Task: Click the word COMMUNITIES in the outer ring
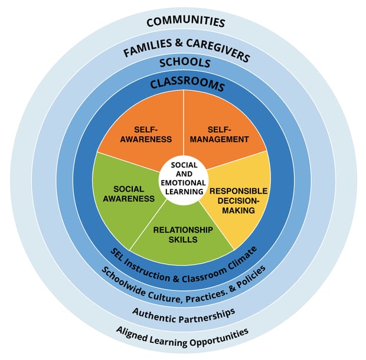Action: click(186, 22)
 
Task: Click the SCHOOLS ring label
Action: click(185, 63)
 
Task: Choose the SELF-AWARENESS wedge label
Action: click(152, 135)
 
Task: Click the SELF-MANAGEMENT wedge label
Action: click(220, 135)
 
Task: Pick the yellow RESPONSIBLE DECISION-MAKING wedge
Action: click(239, 200)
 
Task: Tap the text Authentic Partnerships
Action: click(184, 312)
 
